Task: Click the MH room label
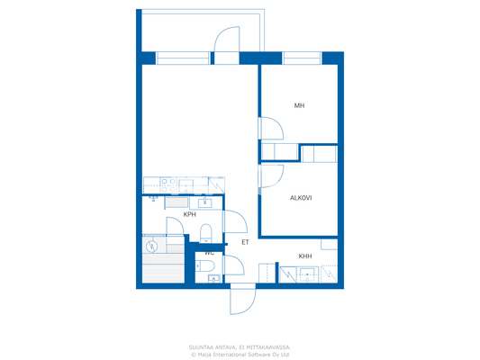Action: point(299,106)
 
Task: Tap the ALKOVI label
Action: point(301,198)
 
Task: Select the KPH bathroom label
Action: point(189,215)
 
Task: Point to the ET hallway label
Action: point(244,242)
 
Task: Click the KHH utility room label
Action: point(306,256)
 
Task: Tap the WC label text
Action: point(208,253)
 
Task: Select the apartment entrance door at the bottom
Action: point(241,299)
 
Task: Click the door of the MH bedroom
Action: point(271,130)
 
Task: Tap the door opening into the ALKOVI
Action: point(271,178)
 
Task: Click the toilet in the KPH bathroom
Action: point(206,234)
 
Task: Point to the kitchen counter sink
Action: point(204,203)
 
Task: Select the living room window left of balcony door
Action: point(182,58)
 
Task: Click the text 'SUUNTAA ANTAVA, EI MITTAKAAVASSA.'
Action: point(240,346)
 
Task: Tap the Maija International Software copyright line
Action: point(240,354)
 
